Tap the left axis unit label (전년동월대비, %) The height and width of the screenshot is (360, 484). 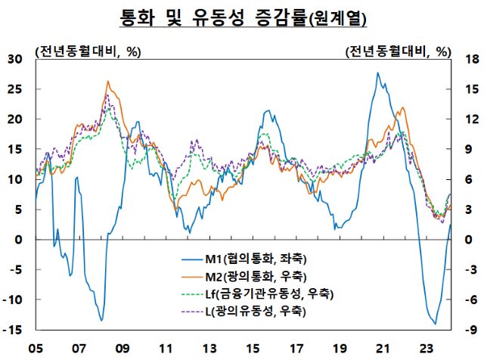(88, 51)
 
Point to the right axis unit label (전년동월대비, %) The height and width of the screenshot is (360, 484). (398, 51)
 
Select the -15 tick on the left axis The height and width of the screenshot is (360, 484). (14, 331)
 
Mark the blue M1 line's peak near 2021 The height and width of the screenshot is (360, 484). (377, 73)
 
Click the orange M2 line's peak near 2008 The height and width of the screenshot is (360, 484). (108, 81)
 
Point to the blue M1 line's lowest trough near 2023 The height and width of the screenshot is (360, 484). (435, 324)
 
